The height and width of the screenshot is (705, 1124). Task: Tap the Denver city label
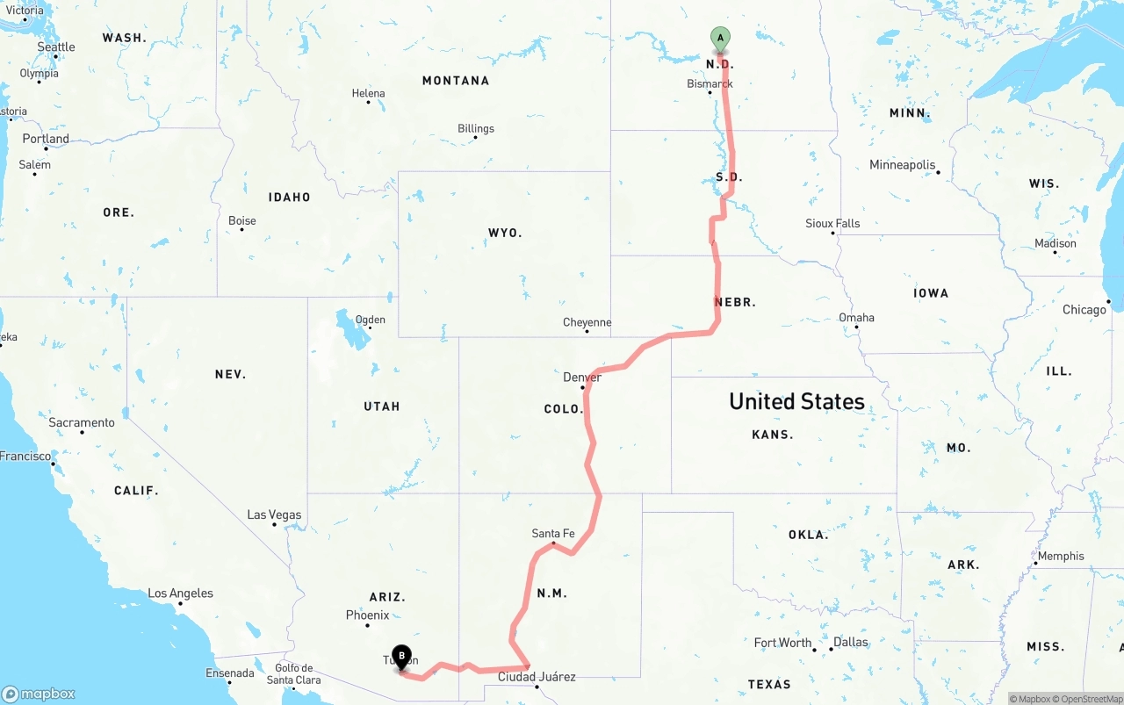click(x=582, y=378)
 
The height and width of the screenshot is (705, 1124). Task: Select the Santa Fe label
click(x=553, y=533)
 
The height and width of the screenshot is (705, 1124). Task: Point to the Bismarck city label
click(x=710, y=84)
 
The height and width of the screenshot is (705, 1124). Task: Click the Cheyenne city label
click(x=587, y=323)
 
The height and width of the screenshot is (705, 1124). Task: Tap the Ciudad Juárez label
click(x=537, y=677)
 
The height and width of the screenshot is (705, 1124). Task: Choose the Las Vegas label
click(x=274, y=514)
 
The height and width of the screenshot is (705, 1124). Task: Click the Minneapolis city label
click(x=902, y=165)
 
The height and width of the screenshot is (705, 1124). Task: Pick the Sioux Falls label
click(x=832, y=224)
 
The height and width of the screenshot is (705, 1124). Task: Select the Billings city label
click(x=476, y=129)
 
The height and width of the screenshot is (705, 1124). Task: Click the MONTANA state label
click(x=456, y=81)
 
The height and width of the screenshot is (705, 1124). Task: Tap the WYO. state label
click(x=505, y=233)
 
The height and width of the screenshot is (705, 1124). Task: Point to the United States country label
click(x=796, y=402)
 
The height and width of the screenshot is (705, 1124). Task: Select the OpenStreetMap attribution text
click(x=1089, y=699)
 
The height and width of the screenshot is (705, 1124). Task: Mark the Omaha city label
click(x=856, y=318)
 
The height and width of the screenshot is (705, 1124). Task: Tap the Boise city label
click(x=242, y=220)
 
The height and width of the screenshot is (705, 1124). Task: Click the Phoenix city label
click(x=367, y=615)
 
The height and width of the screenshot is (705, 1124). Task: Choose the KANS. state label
click(x=773, y=435)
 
